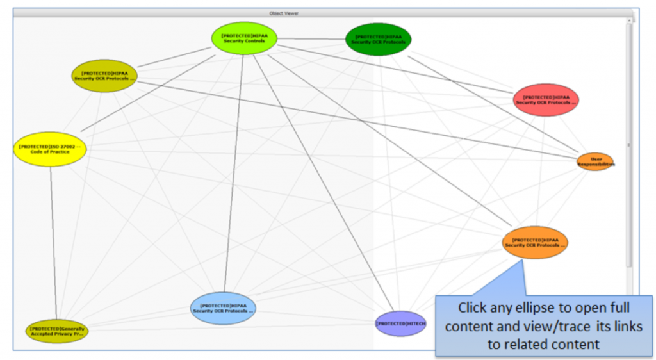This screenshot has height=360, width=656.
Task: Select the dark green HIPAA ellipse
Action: click(x=378, y=38)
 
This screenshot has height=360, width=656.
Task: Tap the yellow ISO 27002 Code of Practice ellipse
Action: click(x=49, y=149)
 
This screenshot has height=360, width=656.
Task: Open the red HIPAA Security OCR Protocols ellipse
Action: click(x=546, y=100)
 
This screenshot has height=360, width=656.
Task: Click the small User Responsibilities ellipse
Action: click(x=595, y=161)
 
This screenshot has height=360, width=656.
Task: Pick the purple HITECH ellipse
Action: click(x=400, y=323)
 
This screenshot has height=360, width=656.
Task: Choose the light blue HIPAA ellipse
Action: click(x=223, y=307)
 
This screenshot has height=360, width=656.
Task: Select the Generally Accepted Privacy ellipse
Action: click(x=56, y=331)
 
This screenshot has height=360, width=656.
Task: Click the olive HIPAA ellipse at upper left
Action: click(x=104, y=76)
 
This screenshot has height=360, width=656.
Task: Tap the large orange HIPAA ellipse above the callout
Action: click(x=535, y=242)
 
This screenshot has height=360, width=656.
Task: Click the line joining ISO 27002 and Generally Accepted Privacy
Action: click(x=53, y=243)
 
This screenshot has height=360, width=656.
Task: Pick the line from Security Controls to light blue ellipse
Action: click(x=234, y=173)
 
